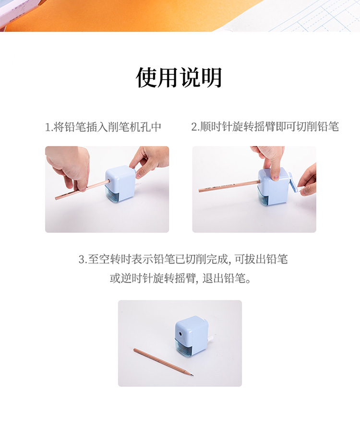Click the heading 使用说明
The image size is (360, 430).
click(179, 77)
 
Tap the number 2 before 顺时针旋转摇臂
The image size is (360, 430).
click(194, 127)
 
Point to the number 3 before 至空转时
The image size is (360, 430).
click(82, 259)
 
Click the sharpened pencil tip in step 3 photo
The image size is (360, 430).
click(192, 375)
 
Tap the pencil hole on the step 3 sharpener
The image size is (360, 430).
click(180, 334)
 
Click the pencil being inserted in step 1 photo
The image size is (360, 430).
click(82, 190)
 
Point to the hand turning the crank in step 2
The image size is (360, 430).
click(308, 181)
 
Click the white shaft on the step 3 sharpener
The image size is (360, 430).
click(211, 338)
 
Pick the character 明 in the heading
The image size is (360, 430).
click(212, 77)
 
